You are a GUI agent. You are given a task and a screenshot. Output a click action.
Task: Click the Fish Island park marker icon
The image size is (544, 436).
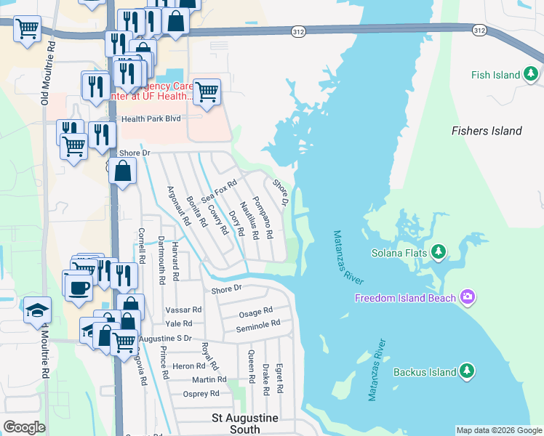[532, 74]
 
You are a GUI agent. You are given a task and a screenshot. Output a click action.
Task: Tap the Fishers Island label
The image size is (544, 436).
[487, 131]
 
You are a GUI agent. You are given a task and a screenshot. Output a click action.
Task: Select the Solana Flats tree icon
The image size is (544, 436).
[438, 253]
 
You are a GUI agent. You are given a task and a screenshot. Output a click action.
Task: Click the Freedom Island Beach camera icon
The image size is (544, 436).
[467, 297]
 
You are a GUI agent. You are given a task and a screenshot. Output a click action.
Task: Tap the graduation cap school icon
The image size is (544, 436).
[37, 310]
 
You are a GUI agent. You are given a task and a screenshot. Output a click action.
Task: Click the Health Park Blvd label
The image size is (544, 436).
[151, 118]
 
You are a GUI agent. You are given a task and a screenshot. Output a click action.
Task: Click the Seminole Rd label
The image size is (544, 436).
[257, 326]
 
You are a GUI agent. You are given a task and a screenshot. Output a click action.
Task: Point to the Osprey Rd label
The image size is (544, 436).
[202, 394]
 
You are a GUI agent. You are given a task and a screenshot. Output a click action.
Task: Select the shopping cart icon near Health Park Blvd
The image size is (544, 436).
[207, 92]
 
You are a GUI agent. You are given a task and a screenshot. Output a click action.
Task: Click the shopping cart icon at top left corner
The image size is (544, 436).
[27, 29]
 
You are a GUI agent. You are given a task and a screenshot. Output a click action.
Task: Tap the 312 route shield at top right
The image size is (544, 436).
[478, 30]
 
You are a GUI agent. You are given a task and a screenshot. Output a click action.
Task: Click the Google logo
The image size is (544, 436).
[24, 427]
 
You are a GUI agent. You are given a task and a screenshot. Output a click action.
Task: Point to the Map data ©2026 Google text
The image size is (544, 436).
[499, 430]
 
